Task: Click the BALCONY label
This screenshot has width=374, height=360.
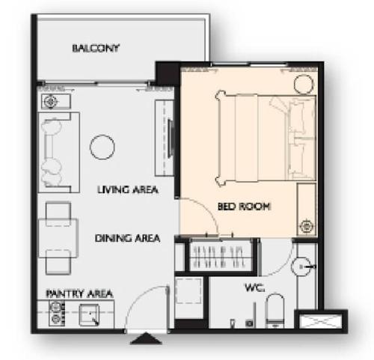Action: [x=96, y=48]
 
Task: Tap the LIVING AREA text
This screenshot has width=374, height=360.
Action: [x=128, y=189]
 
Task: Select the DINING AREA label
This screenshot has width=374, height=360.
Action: [x=127, y=238]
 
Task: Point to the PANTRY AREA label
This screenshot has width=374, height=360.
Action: [x=79, y=293]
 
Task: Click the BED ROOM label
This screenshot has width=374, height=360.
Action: [x=244, y=207]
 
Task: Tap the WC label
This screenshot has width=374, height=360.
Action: [x=254, y=288]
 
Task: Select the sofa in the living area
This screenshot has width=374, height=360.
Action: [x=58, y=153]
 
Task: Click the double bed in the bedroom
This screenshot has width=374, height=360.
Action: [x=266, y=138]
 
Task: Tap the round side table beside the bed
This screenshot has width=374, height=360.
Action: [x=304, y=85]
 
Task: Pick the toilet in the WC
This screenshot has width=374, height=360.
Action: [x=275, y=311]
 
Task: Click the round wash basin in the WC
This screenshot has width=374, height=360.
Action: [x=301, y=266]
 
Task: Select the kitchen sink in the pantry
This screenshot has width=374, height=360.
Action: [x=89, y=315]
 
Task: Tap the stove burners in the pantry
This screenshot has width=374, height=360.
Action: [x=57, y=314]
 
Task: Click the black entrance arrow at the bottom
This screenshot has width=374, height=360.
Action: [x=146, y=338]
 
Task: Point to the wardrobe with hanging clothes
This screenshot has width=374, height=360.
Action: [x=220, y=257]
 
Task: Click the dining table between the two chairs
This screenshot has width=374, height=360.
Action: [x=58, y=238]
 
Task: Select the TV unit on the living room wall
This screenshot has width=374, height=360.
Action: [x=165, y=138]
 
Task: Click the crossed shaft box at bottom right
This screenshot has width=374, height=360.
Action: [x=321, y=322]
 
